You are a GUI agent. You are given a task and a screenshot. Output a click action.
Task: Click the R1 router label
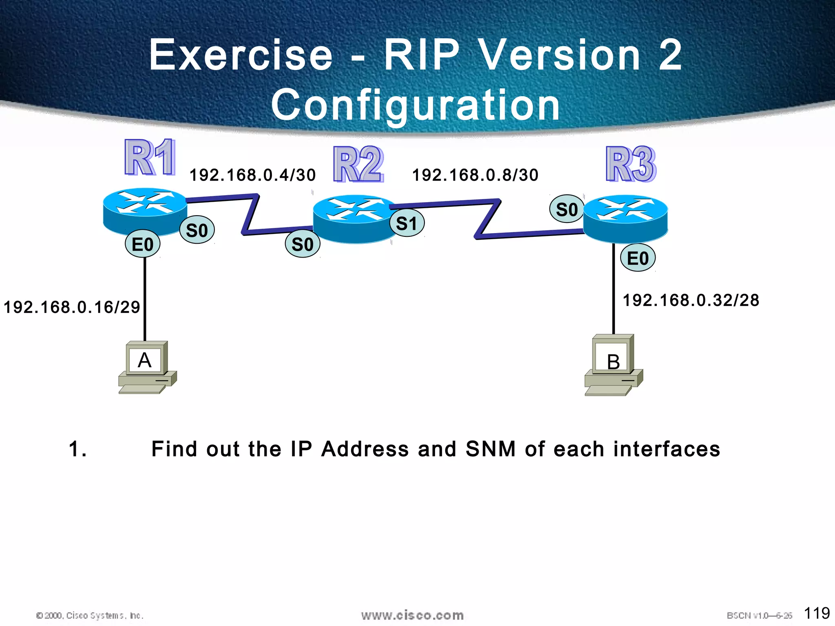(150, 157)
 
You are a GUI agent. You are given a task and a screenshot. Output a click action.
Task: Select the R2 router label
(358, 164)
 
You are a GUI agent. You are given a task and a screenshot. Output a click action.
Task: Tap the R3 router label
(631, 164)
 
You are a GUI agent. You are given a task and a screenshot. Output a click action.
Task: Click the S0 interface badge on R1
(197, 230)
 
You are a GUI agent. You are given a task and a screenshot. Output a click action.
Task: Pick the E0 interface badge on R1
(142, 244)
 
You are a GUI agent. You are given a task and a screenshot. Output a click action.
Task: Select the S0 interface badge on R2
(303, 244)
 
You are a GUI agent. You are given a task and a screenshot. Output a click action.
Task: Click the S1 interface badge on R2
(407, 223)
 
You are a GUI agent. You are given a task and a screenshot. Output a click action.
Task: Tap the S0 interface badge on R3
(567, 209)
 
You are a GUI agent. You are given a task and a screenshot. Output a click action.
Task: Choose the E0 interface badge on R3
(638, 258)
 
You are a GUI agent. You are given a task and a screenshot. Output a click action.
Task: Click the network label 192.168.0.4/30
(253, 175)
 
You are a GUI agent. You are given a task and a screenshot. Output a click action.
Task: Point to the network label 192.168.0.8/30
(475, 175)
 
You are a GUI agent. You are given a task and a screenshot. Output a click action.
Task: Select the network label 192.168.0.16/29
(72, 307)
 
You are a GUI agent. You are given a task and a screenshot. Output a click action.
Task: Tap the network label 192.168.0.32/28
(691, 300)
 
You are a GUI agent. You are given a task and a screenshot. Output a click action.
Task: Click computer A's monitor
(145, 360)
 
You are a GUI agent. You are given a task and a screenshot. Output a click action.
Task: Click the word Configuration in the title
(416, 105)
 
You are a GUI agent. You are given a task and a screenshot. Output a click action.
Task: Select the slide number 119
(817, 613)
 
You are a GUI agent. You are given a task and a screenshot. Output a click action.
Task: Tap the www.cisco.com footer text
(412, 615)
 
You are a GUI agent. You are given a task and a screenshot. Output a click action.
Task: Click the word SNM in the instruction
(490, 449)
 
